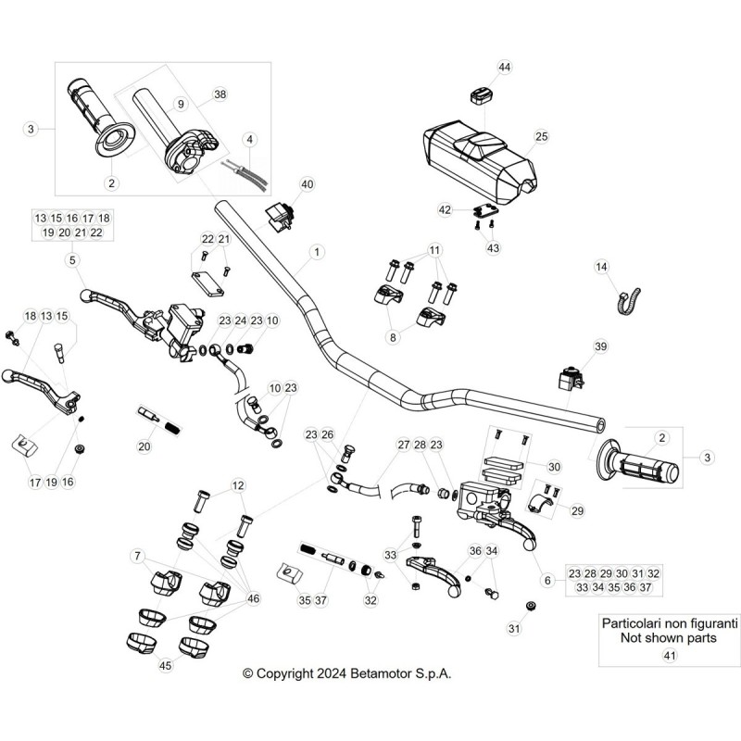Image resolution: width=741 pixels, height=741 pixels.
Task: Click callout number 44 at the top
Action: tap(504, 67)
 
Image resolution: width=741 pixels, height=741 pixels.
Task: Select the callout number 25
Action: tap(541, 136)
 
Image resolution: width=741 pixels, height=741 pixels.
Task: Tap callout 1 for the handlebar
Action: tap(317, 252)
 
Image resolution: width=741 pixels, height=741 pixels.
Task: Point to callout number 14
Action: tap(601, 267)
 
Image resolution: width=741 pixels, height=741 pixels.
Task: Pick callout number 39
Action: tap(600, 346)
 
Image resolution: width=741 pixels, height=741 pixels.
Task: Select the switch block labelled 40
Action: tap(281, 215)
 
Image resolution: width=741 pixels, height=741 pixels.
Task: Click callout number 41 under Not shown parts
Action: tap(670, 656)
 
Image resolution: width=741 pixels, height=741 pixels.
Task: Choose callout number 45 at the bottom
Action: tap(165, 665)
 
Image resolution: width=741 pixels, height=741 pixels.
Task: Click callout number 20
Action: tap(144, 446)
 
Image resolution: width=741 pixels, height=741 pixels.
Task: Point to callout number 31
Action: tap(514, 628)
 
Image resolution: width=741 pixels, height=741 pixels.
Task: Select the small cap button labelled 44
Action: tap(481, 95)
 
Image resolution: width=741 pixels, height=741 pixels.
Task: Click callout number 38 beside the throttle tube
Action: tap(220, 94)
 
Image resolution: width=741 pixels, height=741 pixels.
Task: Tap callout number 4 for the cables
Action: tap(249, 140)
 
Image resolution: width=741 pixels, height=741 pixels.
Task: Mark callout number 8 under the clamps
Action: tap(393, 337)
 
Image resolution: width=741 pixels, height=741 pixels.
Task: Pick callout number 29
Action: tap(577, 510)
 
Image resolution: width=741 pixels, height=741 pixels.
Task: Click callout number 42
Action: tap(445, 209)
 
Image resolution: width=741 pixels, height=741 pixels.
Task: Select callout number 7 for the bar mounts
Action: tap(137, 556)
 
